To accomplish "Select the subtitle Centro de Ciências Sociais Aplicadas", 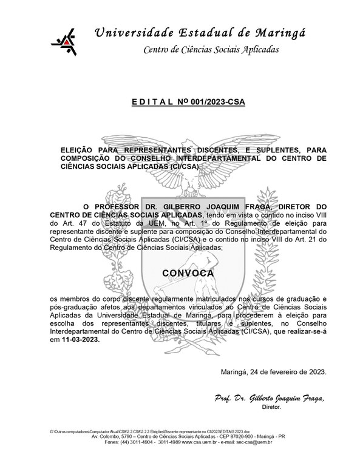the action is click(211, 49).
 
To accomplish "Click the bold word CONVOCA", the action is click(188, 273).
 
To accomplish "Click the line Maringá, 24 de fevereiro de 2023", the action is click(275, 371).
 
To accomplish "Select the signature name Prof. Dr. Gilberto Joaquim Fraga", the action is click(270, 399).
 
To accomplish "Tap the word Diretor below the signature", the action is click(272, 408).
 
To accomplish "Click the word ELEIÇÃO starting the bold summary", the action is click(81, 149).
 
